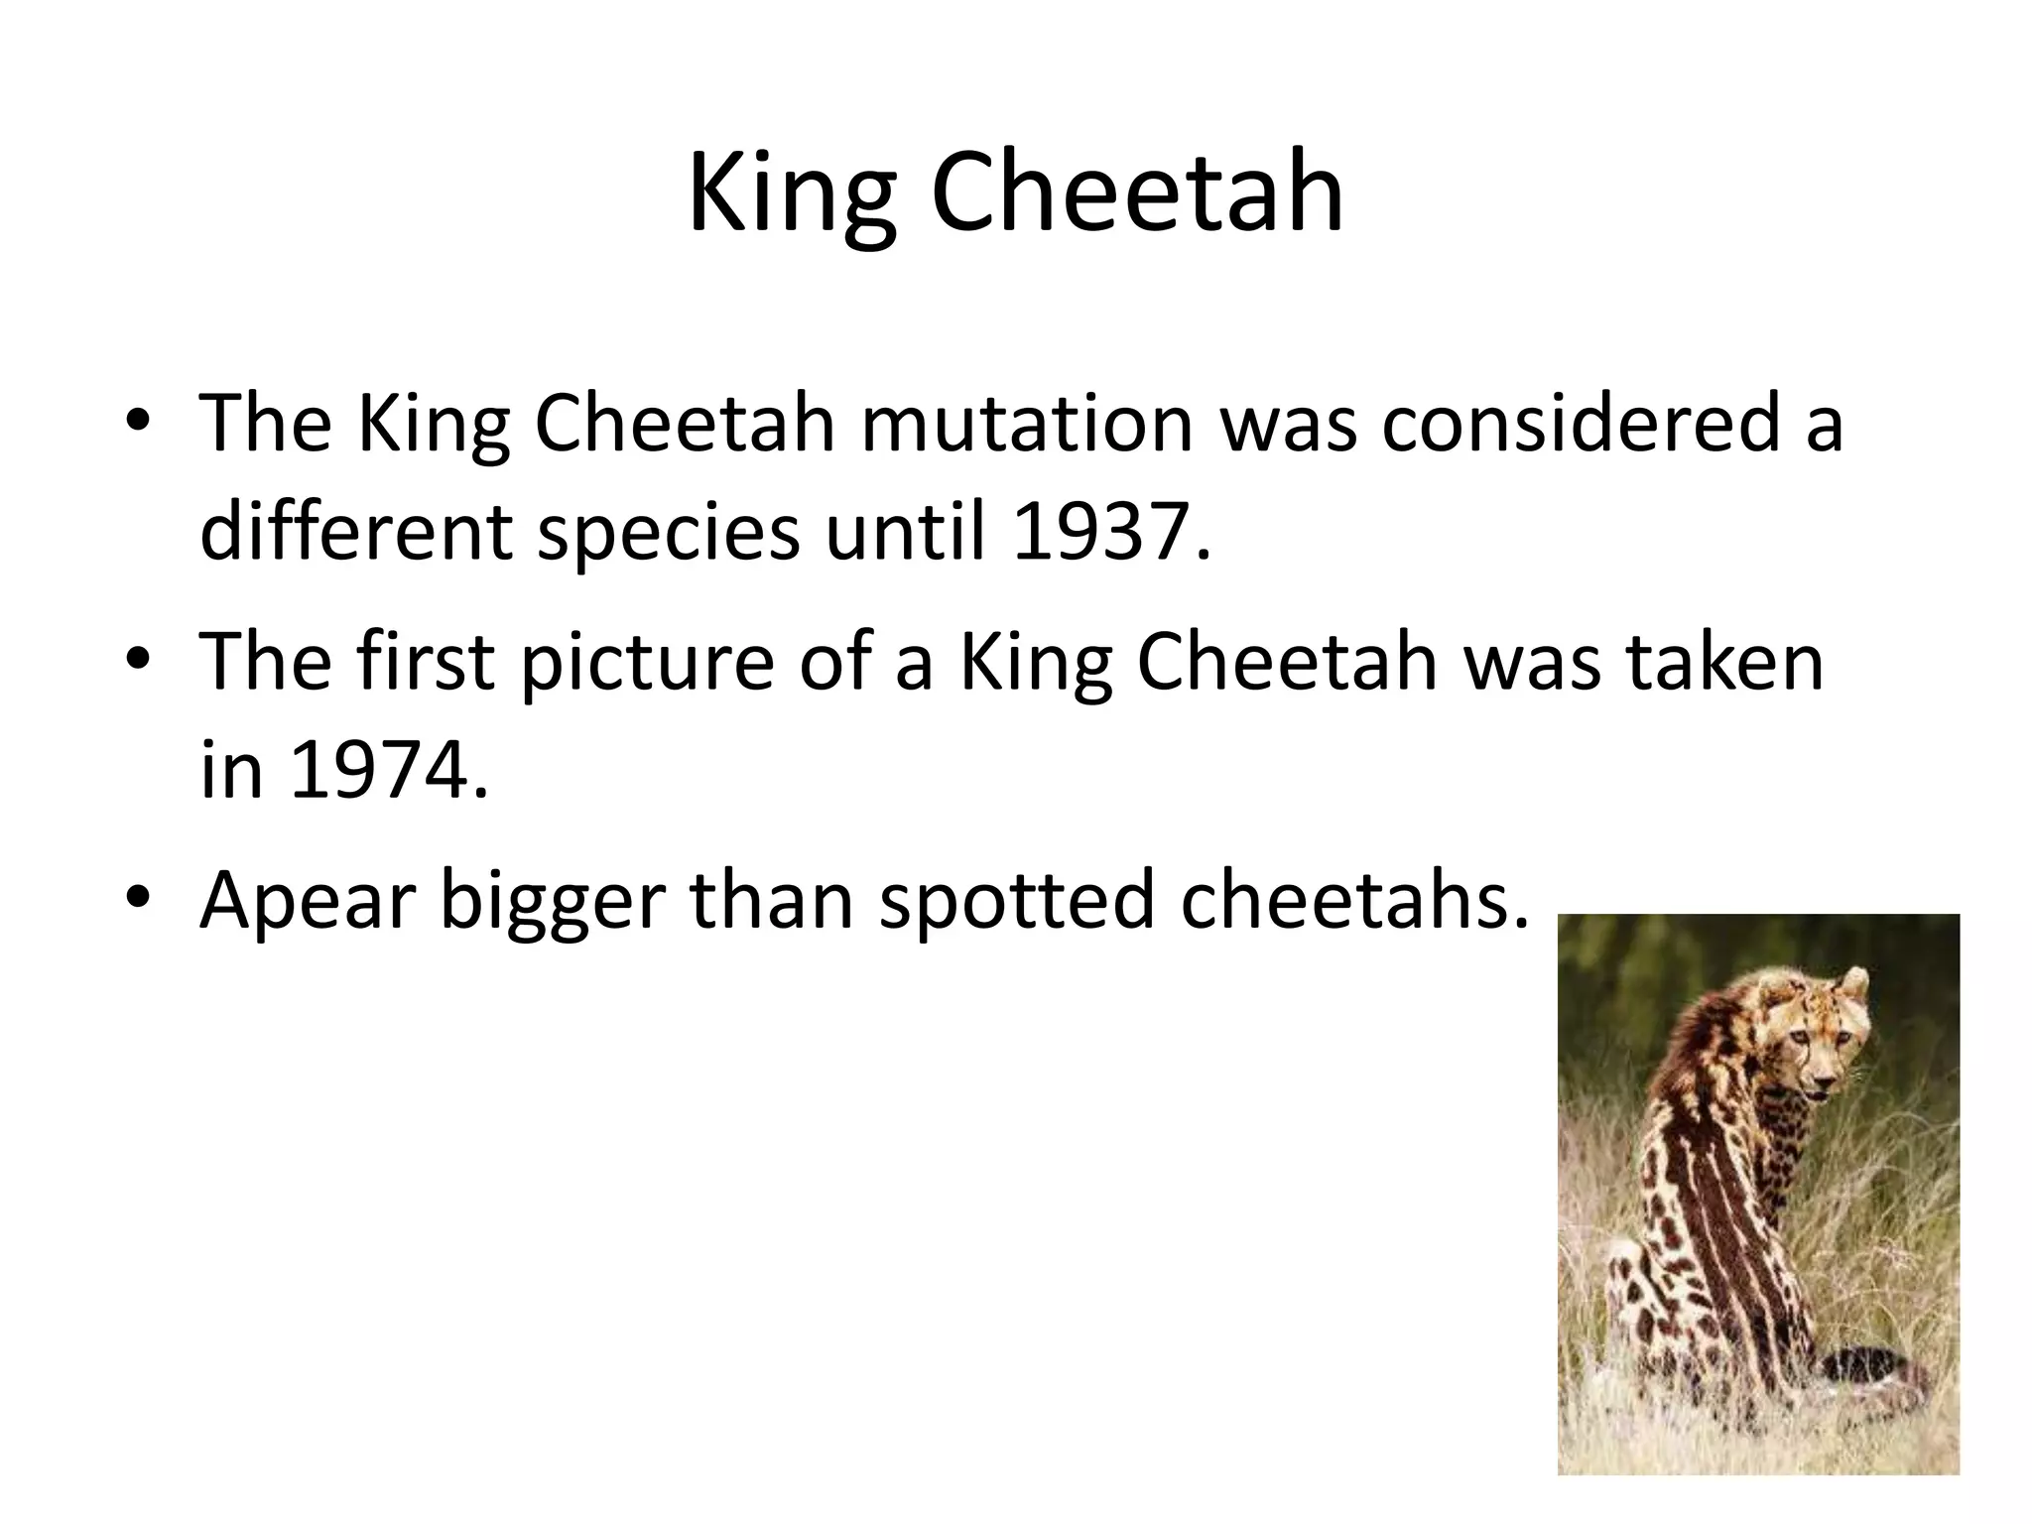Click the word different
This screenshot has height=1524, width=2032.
pyautogui.click(x=356, y=532)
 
